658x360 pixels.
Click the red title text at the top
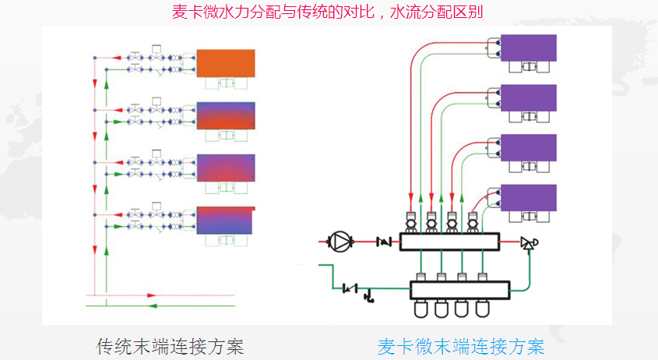tap(333, 12)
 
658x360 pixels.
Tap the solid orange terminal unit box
tap(225, 62)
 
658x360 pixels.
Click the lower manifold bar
tap(459, 289)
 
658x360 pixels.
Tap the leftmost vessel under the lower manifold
tap(421, 308)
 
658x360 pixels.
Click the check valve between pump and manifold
tap(382, 242)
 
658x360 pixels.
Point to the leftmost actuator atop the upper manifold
tap(410, 221)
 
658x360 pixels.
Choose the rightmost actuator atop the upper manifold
tap(471, 221)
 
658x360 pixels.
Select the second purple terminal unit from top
tap(528, 98)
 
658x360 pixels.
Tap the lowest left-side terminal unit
tap(225, 221)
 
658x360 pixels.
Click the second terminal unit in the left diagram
tap(225, 115)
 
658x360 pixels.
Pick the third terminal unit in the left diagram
tap(225, 168)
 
